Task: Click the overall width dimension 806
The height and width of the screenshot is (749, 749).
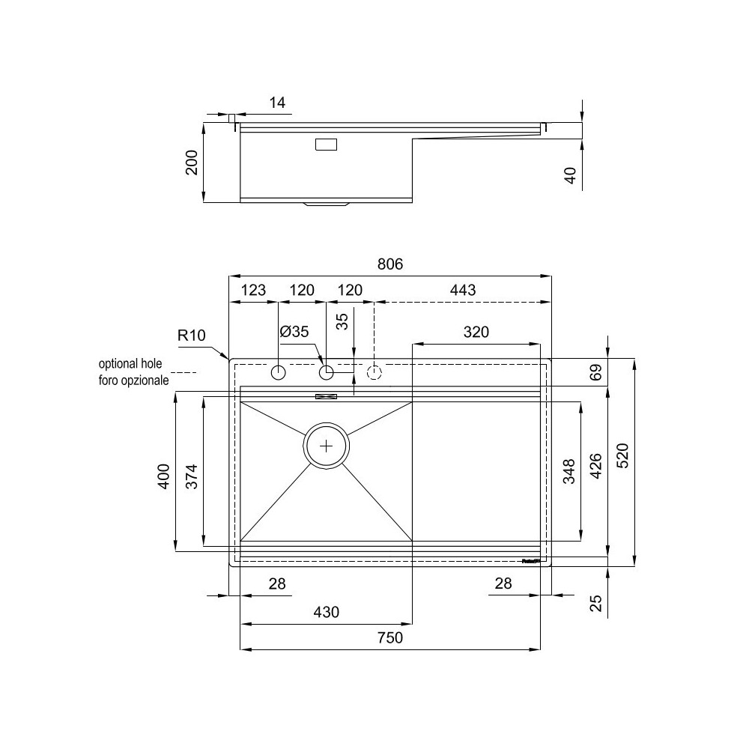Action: (390, 264)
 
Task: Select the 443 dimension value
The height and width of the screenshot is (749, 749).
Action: (462, 290)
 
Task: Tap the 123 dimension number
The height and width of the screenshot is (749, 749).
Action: (253, 290)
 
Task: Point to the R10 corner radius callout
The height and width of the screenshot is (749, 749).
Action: (191, 335)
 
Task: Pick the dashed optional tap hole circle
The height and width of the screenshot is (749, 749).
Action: (374, 372)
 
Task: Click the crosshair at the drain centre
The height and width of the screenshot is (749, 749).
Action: (327, 446)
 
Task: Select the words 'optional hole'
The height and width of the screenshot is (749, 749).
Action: (130, 364)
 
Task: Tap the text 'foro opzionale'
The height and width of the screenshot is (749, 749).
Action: (133, 379)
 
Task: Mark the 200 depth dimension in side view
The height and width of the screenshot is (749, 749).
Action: (191, 163)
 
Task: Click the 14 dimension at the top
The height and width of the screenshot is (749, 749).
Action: (277, 103)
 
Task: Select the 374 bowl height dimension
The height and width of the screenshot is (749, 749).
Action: (191, 476)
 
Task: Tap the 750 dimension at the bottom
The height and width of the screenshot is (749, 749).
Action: (390, 638)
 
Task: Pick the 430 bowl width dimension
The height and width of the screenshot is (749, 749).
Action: (326, 612)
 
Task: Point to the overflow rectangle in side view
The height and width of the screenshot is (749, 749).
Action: (326, 145)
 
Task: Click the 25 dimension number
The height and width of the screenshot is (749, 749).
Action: (595, 603)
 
